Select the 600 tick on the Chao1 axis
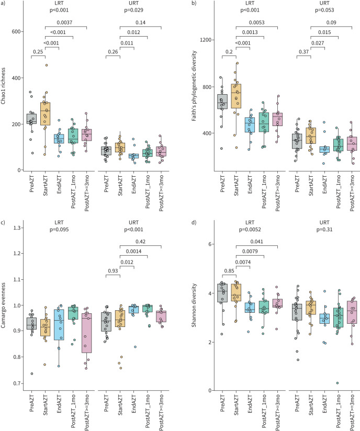tap(18, 32)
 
